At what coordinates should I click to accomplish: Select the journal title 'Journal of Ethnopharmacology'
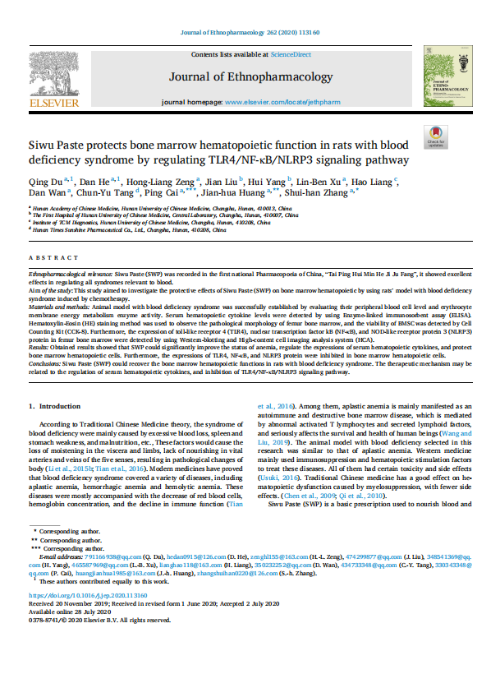[x=250, y=77]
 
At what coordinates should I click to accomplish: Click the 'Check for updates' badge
[x=434, y=136]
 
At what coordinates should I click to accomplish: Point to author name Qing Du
[x=41, y=180]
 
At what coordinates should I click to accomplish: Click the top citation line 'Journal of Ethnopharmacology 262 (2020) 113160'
[x=250, y=33]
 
